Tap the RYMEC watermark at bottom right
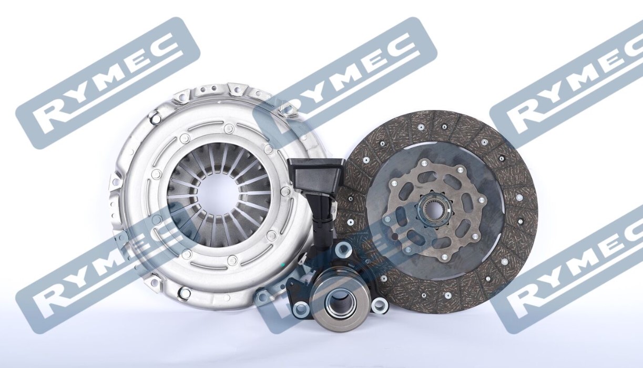click(573, 268)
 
